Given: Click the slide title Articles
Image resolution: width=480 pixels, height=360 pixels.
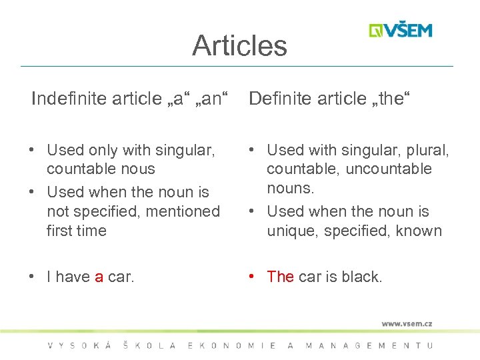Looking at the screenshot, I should [x=239, y=46].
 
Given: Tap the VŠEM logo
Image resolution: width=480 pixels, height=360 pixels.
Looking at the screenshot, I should [x=401, y=31].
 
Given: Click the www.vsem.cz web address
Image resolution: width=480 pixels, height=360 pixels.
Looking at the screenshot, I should [x=407, y=323].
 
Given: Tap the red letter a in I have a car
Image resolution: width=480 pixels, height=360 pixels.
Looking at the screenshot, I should [x=99, y=277].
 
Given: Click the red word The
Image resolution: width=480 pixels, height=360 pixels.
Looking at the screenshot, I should [x=280, y=277].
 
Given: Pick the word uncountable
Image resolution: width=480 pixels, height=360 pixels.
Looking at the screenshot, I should [x=389, y=169].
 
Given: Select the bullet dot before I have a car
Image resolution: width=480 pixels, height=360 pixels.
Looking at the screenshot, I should [x=33, y=277].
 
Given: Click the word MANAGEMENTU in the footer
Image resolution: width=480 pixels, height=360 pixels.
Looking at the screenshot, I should [x=369, y=345].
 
